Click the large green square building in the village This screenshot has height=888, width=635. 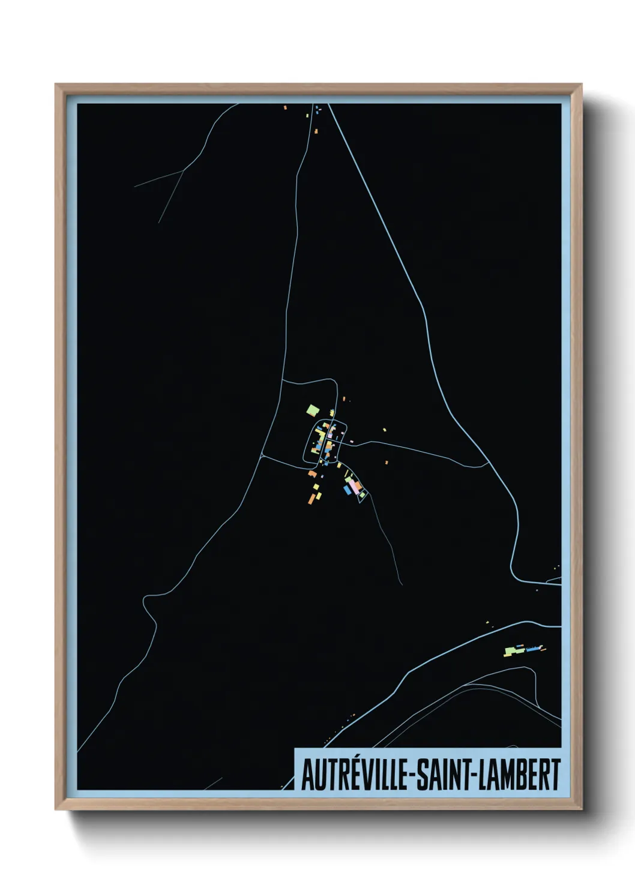click(312, 410)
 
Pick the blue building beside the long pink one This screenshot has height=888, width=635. click(348, 490)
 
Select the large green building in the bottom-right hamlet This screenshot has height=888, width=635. click(510, 650)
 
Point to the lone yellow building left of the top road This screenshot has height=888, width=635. click(308, 115)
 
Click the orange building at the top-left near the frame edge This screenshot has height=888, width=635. click(286, 108)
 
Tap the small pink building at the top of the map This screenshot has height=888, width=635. click(316, 130)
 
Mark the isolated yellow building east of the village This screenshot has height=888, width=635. click(384, 430)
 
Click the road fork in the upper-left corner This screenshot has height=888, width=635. click(183, 171)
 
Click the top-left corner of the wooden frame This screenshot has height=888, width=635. click(56, 85)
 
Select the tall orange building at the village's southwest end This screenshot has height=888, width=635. click(312, 497)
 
